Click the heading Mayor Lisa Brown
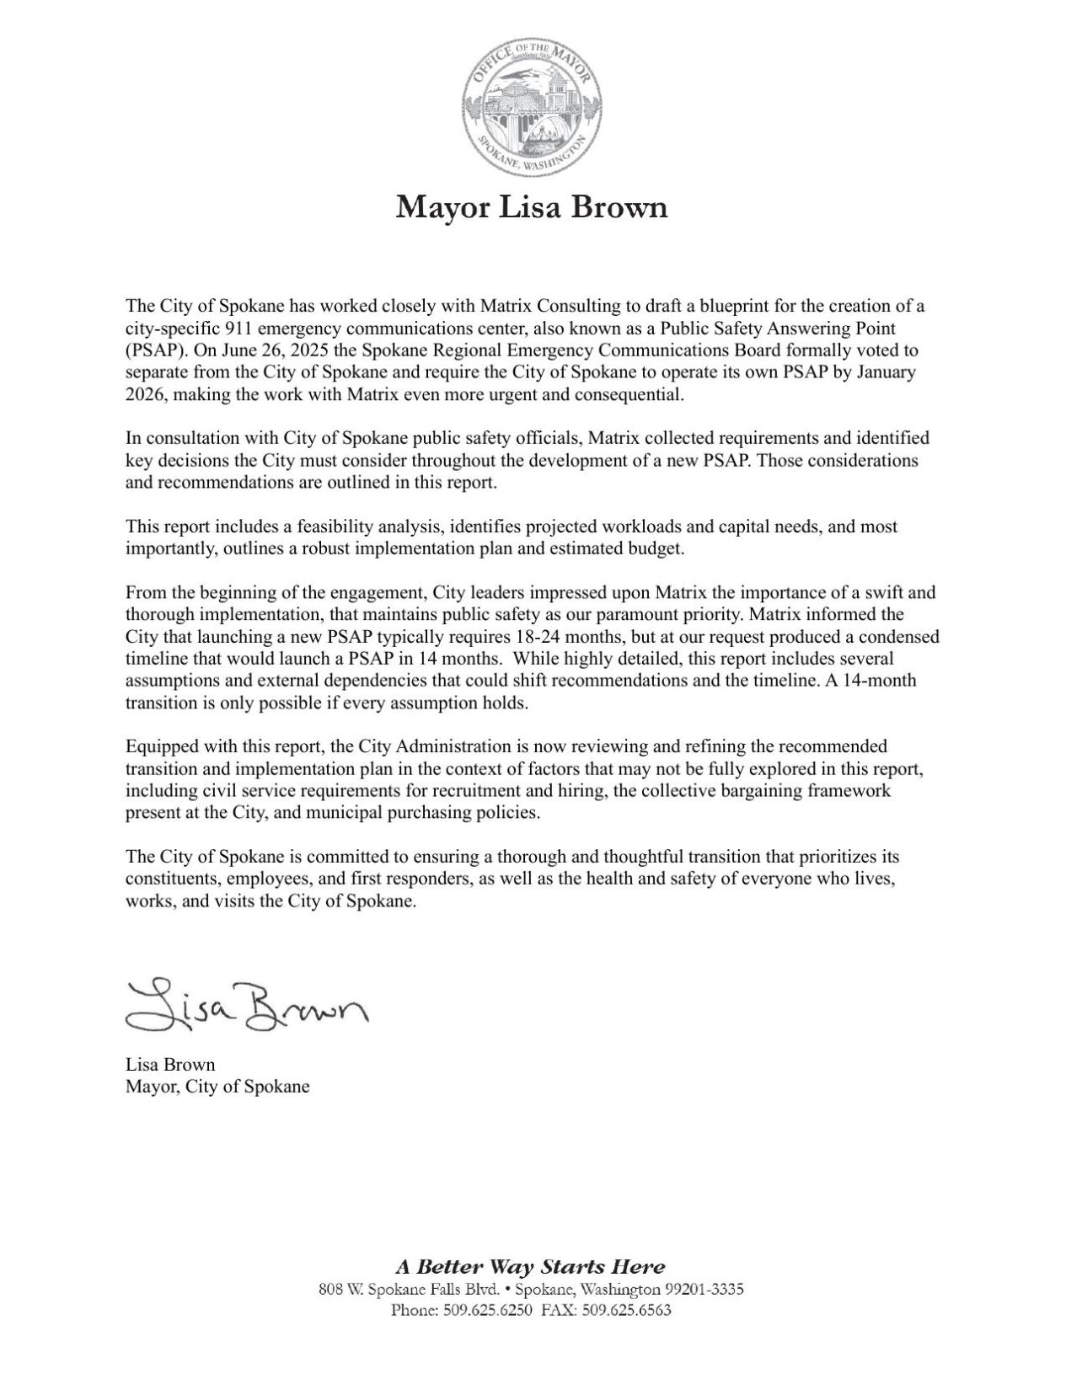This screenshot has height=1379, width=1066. (x=532, y=207)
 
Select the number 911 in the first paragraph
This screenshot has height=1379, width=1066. (x=238, y=328)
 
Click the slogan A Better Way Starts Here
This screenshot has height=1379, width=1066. (x=531, y=1266)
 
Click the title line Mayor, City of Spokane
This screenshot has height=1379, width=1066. (x=217, y=1087)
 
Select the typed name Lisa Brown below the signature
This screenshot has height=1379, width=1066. (x=170, y=1065)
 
